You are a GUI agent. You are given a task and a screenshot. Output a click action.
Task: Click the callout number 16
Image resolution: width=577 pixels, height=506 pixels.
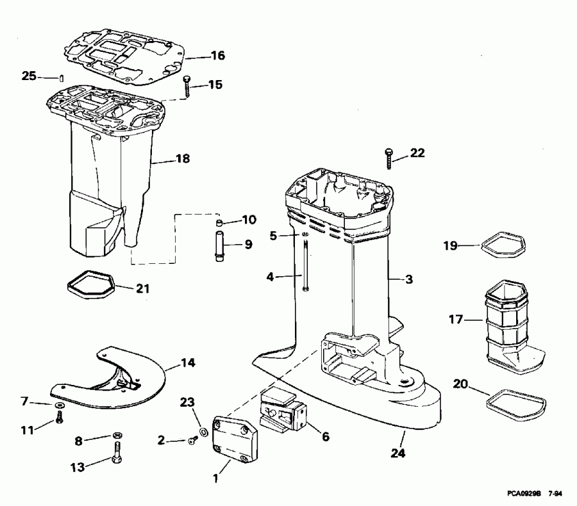click(x=218, y=56)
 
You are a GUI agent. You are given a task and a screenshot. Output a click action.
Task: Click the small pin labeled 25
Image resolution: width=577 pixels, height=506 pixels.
click(x=59, y=78)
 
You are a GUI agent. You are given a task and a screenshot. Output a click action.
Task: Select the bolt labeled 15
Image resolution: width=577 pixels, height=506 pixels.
click(x=187, y=85)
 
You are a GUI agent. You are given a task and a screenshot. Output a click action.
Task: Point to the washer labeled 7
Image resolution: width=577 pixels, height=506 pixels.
click(x=59, y=405)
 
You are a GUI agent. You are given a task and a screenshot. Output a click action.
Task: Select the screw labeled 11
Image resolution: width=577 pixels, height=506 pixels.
click(x=60, y=418)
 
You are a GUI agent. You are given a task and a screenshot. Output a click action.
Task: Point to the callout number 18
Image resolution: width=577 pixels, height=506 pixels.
click(x=183, y=158)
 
